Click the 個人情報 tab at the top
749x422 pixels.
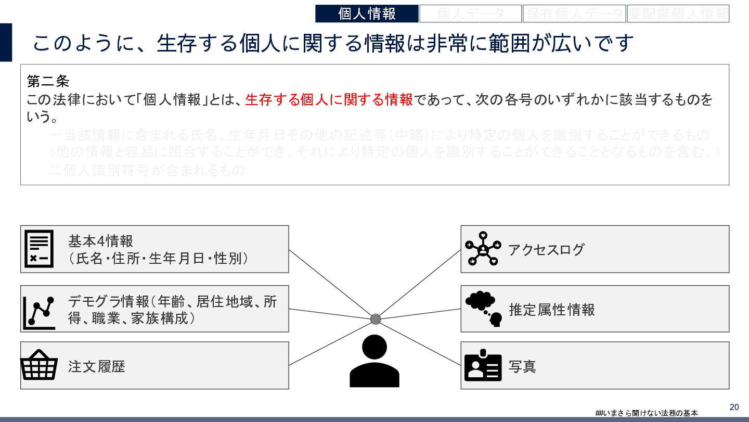click(x=367, y=14)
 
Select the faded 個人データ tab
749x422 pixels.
click(x=470, y=14)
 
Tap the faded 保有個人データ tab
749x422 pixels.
click(x=574, y=14)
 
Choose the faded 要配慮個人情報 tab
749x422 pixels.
click(x=678, y=14)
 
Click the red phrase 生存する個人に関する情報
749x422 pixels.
click(x=329, y=100)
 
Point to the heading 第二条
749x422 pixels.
click(x=48, y=82)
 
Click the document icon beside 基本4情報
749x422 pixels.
click(x=39, y=249)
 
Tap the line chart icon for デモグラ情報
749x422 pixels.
click(x=39, y=312)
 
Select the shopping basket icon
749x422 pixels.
click(x=39, y=365)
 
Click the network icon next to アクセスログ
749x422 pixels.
click(x=483, y=249)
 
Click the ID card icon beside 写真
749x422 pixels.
click(x=483, y=366)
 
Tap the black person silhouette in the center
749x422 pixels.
click(x=374, y=361)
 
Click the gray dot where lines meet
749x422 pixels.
click(x=376, y=319)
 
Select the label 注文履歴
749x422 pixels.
click(x=97, y=366)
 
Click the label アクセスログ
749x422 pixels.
click(x=546, y=250)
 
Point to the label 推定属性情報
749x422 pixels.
click(x=551, y=310)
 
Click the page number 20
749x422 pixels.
click(x=734, y=407)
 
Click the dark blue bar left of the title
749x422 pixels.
click(x=6, y=42)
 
